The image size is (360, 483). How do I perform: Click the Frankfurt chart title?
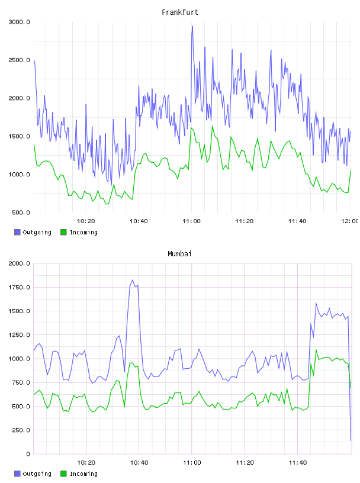point(180,12)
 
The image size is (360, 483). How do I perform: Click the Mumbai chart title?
point(179,254)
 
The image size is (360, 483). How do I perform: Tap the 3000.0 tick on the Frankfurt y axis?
point(19,22)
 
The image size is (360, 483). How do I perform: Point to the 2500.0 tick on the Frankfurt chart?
point(19,60)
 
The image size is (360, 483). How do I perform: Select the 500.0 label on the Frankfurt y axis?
point(21,212)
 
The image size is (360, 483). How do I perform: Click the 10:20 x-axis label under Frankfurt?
point(86,221)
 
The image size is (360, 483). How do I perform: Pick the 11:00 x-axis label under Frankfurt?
point(191,221)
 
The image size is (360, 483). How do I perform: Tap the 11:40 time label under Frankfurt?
point(297,221)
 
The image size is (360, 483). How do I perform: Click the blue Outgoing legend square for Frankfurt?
point(17,232)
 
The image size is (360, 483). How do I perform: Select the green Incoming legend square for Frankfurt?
point(63,232)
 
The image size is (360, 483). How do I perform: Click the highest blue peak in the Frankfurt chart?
point(192,26)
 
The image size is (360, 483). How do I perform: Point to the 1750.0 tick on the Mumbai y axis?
point(19,288)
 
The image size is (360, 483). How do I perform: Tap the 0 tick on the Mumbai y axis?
point(28,454)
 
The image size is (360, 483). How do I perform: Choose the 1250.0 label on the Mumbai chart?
point(19,335)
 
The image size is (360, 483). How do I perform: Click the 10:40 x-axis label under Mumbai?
point(139,462)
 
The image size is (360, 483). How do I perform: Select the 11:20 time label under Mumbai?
point(245,462)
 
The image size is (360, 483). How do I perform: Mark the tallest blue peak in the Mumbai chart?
point(133,280)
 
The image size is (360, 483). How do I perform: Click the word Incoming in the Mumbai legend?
point(83,474)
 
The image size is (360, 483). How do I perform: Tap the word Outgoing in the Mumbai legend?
point(37,474)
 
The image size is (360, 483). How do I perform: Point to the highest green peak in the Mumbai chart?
point(316,350)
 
